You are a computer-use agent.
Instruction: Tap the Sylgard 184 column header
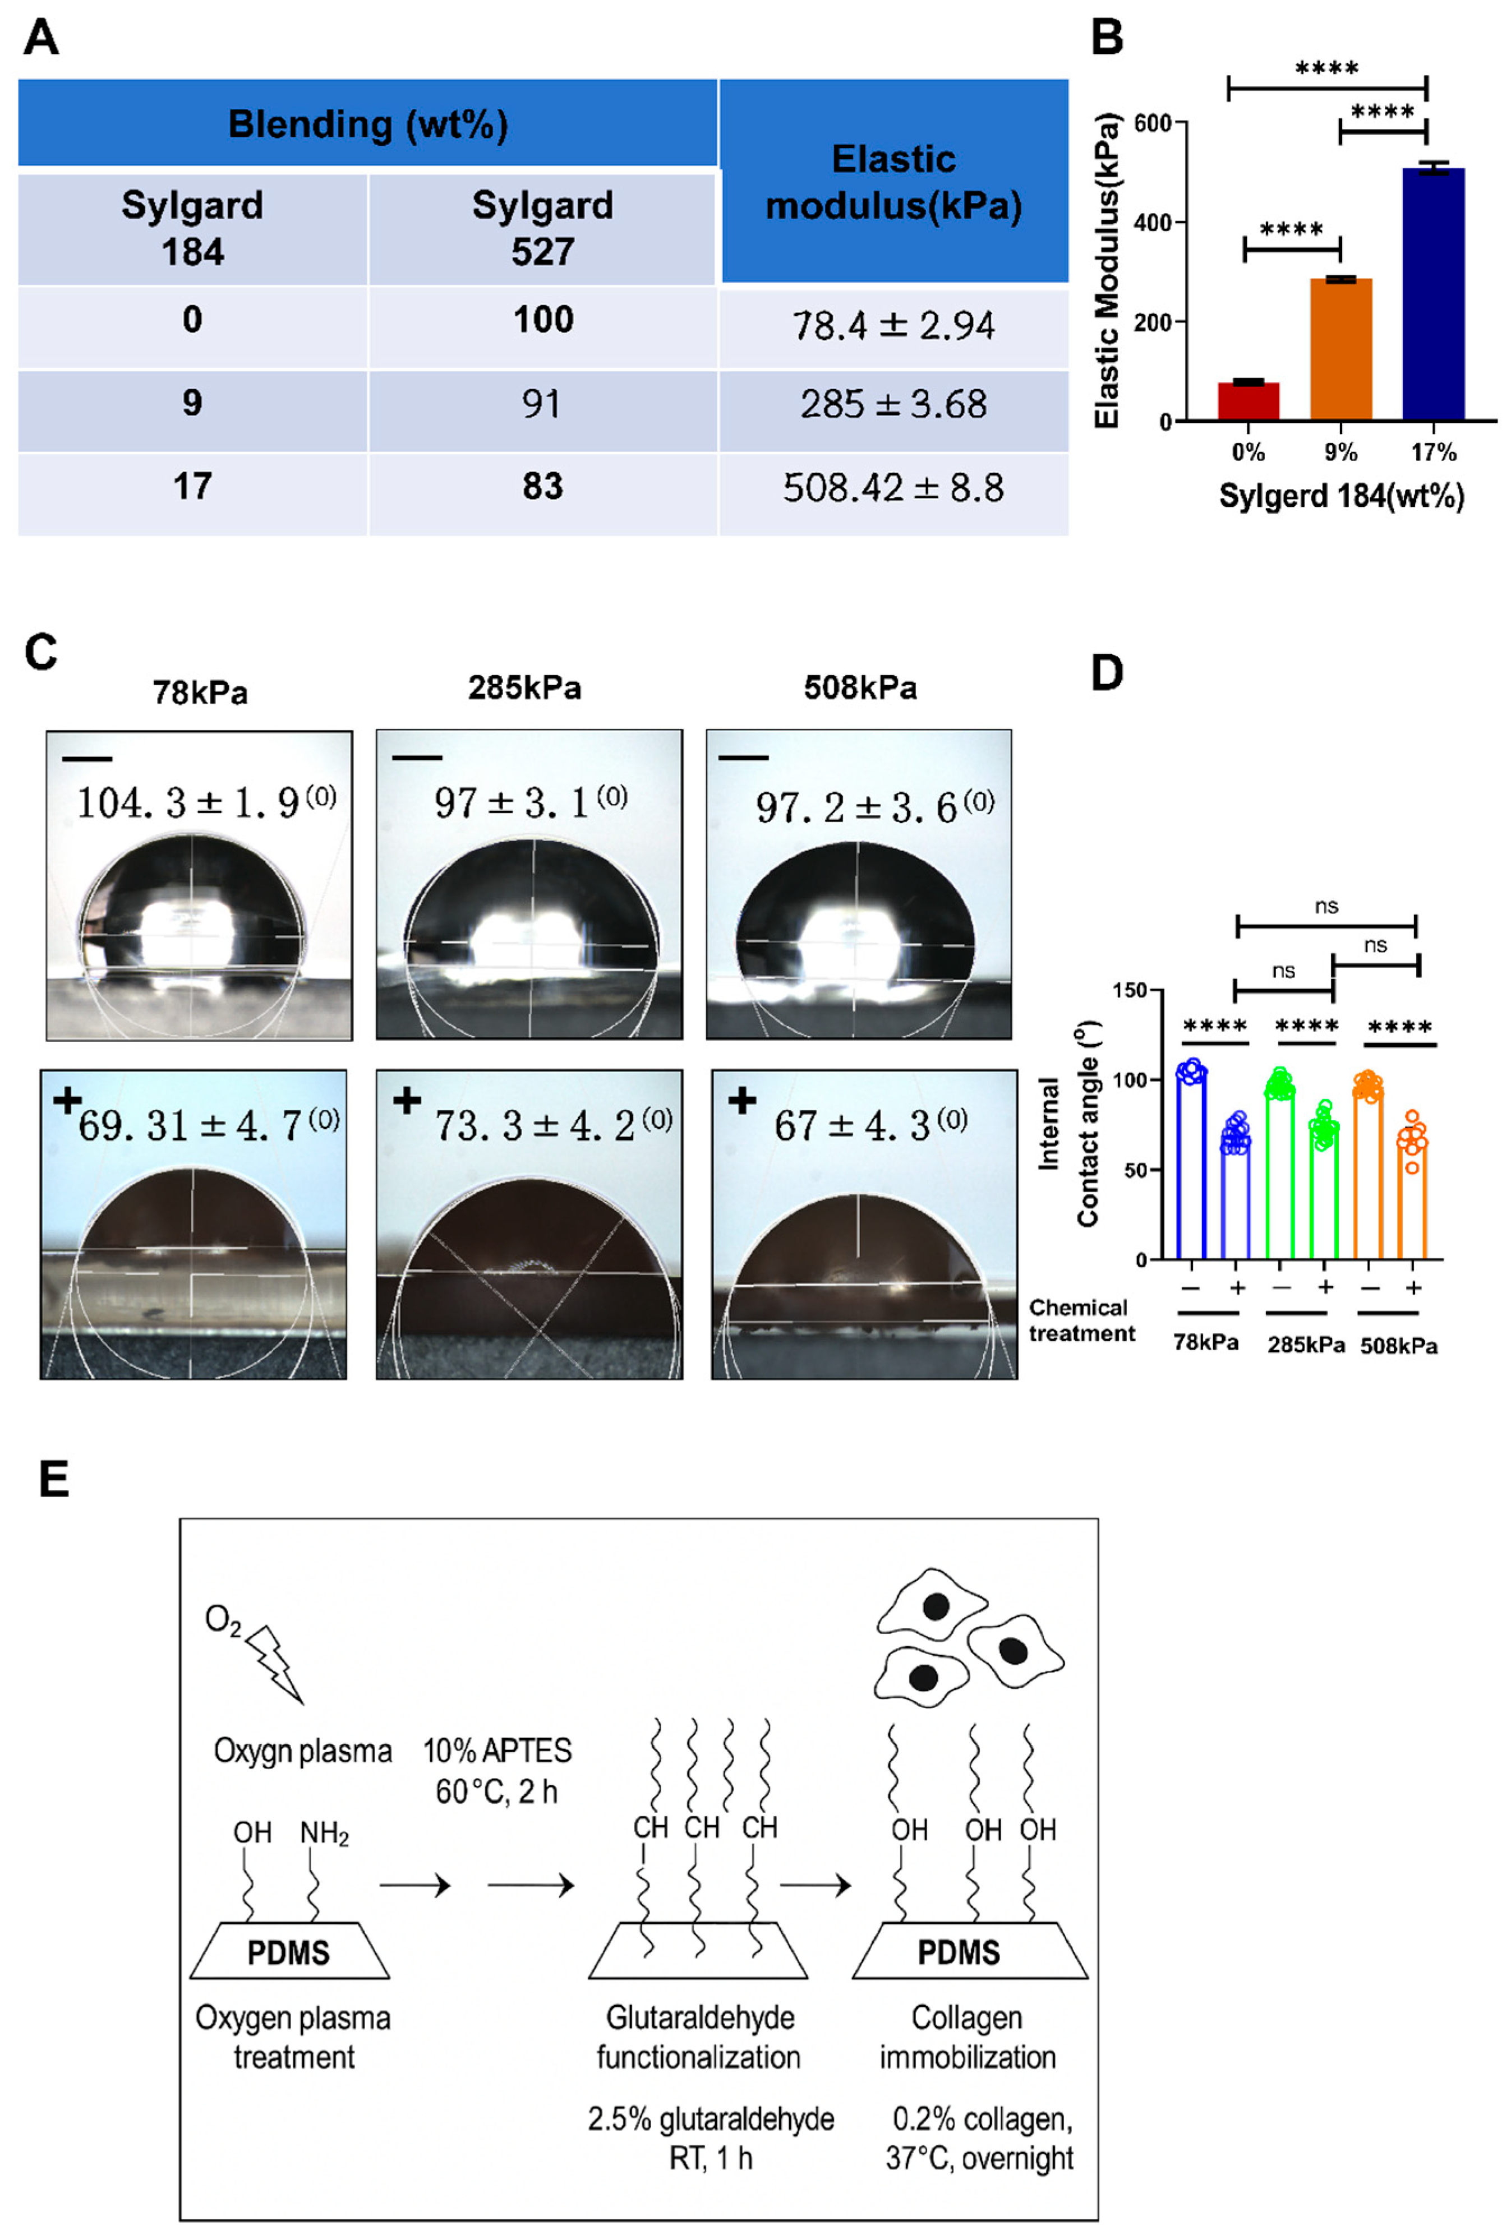192,228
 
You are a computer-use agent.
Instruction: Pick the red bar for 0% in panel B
1247,401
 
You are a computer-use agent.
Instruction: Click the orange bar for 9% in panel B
1340,349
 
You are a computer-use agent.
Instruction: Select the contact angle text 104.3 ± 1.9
206,802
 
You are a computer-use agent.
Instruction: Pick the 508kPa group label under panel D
1398,1345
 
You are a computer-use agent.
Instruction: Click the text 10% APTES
497,1751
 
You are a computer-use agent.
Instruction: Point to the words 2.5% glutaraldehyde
711,2118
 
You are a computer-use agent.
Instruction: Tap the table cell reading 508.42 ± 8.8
892,488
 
